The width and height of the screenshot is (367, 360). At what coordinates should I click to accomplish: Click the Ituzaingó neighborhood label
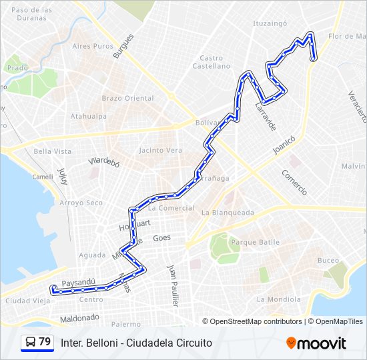pos(269,23)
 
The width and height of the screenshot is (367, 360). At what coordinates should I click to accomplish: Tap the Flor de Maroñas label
pos(346,36)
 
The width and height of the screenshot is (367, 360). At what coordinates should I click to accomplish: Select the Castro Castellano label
pos(211,62)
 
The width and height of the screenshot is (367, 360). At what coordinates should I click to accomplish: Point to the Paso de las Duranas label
pos(32,14)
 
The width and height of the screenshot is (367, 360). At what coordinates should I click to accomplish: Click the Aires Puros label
pos(93,46)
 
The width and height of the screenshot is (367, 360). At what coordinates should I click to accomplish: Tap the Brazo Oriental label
pos(127,98)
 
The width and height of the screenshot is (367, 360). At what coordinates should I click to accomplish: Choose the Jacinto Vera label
pos(160,151)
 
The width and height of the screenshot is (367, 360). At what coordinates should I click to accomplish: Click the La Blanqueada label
pos(228,213)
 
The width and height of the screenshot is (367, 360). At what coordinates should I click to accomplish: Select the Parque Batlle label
pos(255,242)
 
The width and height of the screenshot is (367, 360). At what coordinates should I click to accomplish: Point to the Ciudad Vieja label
pos(27,301)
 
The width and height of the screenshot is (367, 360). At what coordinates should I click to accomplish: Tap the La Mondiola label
pos(279,299)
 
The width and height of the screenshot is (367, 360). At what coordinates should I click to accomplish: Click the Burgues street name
pos(123,47)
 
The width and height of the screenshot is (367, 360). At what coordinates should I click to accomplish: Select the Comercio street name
pos(294,182)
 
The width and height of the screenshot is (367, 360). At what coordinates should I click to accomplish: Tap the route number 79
pos(45,341)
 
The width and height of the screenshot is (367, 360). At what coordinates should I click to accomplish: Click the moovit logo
pos(316,343)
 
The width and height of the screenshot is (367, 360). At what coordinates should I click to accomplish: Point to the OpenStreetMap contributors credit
pos(252,321)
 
